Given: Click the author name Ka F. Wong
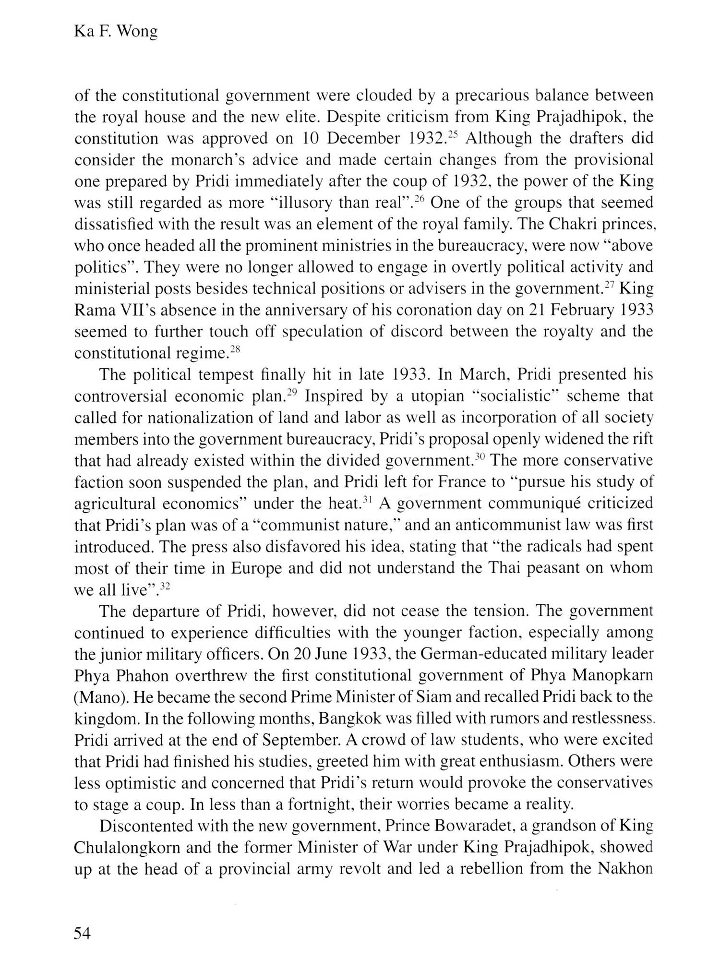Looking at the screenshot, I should pyautogui.click(x=116, y=32).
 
